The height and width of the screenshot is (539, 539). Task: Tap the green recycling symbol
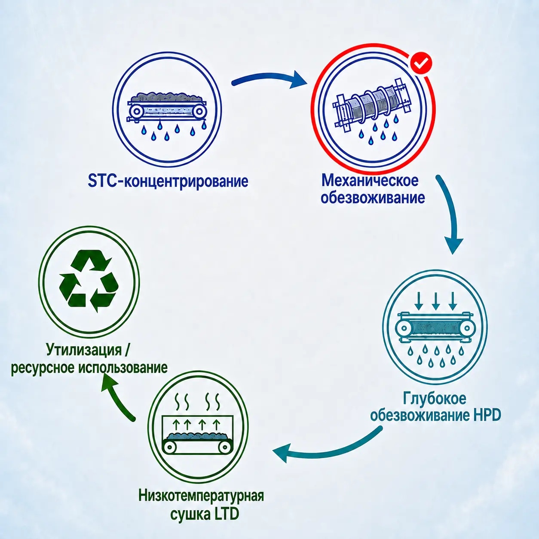89,282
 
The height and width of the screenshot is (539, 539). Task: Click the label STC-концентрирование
168,181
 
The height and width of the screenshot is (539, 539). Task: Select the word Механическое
370,181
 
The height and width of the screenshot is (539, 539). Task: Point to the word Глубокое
435,398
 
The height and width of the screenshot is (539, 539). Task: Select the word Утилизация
84,350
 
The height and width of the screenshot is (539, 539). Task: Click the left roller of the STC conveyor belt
137,112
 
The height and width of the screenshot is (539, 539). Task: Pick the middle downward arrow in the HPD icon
435,301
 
